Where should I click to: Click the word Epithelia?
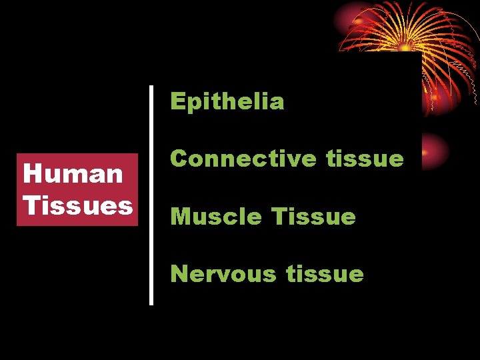227,102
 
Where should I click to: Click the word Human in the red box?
73,174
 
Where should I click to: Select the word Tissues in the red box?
77,205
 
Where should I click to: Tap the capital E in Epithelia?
177,101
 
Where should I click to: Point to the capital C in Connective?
179,159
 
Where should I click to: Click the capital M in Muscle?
180,217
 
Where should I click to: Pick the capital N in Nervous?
179,274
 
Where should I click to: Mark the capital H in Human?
31,174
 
